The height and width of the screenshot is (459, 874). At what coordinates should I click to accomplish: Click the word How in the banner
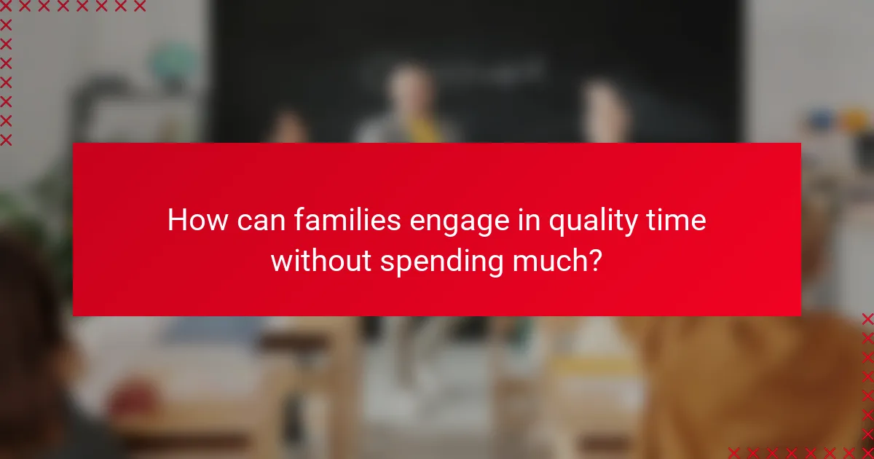tap(194, 220)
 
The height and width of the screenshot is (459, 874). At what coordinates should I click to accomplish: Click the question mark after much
tap(596, 261)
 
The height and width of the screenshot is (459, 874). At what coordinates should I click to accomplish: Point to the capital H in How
tap(176, 220)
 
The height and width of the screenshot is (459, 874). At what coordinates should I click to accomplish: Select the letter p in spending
tap(398, 264)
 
